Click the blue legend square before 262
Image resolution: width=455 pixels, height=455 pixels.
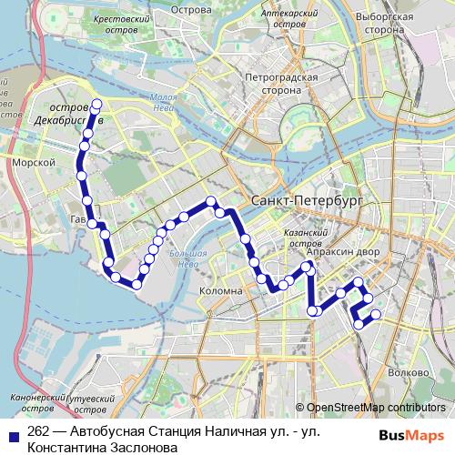pyautogui.click(x=12, y=434)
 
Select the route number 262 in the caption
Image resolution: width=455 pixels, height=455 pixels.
pyautogui.click(x=38, y=432)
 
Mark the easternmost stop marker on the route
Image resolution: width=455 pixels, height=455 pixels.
pyautogui.click(x=374, y=315)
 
